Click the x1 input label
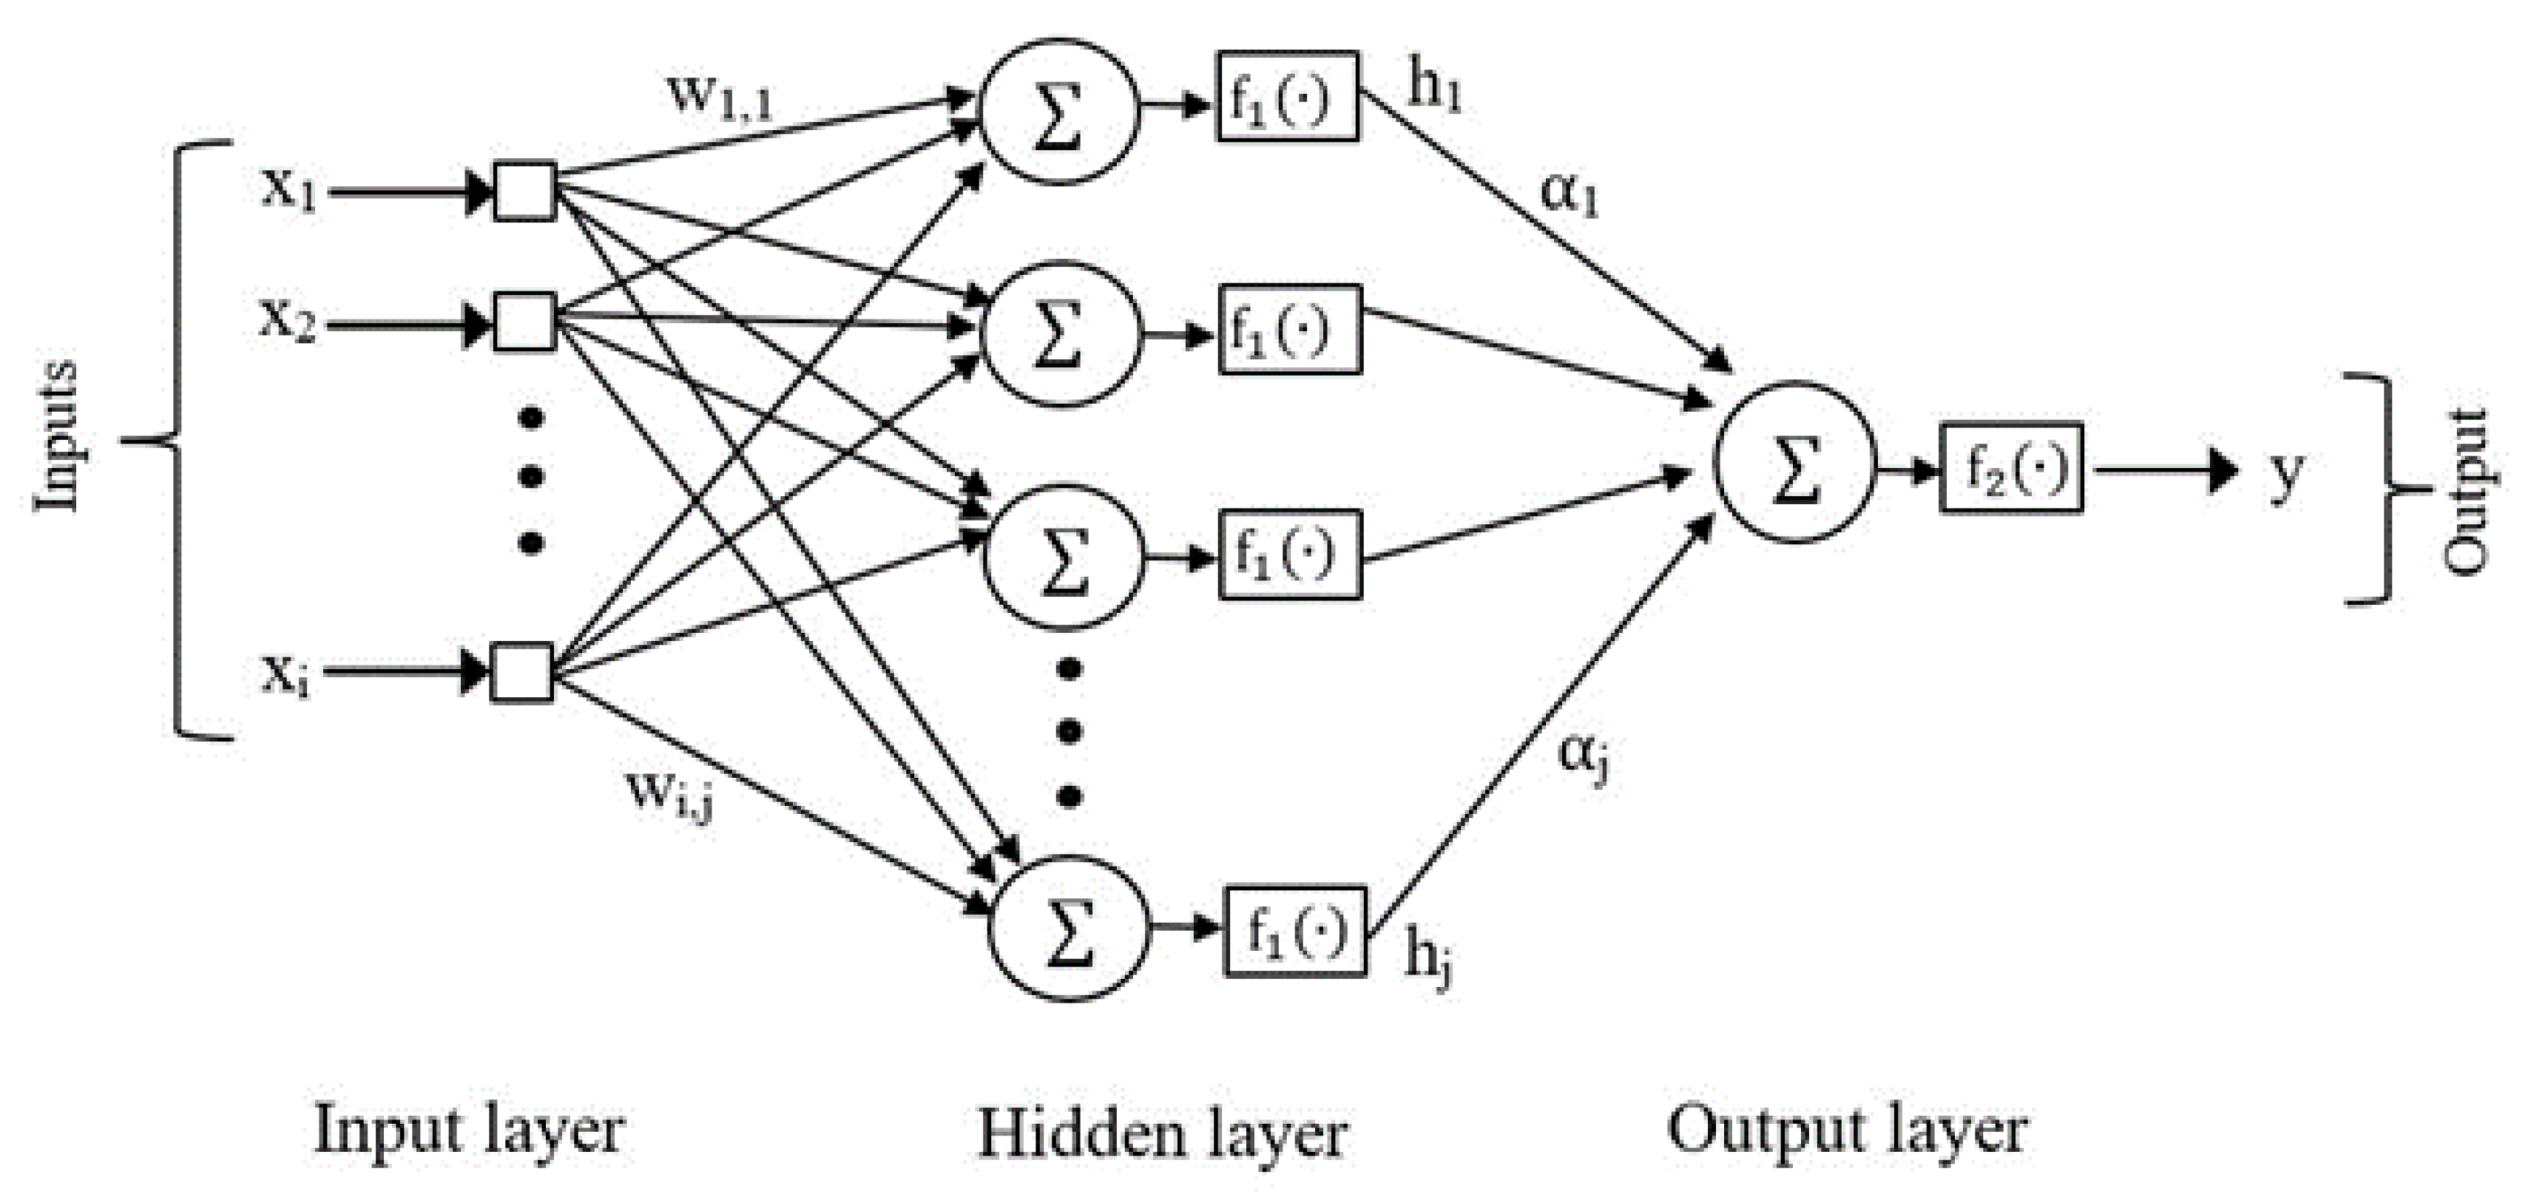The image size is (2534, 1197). tap(288, 189)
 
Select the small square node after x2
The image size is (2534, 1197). tap(524, 322)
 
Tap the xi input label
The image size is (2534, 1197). tap(286, 676)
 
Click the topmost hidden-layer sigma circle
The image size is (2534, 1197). tap(1058, 110)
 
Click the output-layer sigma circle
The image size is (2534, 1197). tap(1795, 462)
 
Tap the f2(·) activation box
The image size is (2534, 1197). tap(2010, 468)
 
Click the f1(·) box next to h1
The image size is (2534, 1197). tap(1287, 96)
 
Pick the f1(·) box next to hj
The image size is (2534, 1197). tap(1294, 932)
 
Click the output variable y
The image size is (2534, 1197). tap(2286, 474)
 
